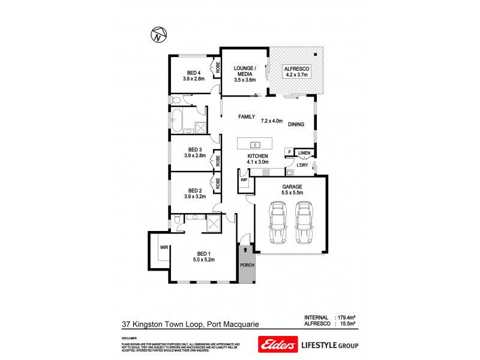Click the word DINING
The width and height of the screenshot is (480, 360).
click(x=296, y=125)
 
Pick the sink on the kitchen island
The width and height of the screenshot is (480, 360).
click(x=254, y=145)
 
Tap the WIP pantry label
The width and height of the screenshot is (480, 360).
click(x=244, y=179)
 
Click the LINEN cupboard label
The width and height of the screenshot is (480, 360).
click(x=305, y=152)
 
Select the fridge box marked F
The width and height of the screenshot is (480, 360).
click(x=289, y=152)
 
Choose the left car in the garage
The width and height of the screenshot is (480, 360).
click(x=278, y=223)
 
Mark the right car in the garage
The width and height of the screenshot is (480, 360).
click(x=304, y=223)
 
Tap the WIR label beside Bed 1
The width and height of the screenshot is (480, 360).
click(x=163, y=247)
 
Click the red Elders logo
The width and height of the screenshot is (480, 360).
click(x=277, y=345)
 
